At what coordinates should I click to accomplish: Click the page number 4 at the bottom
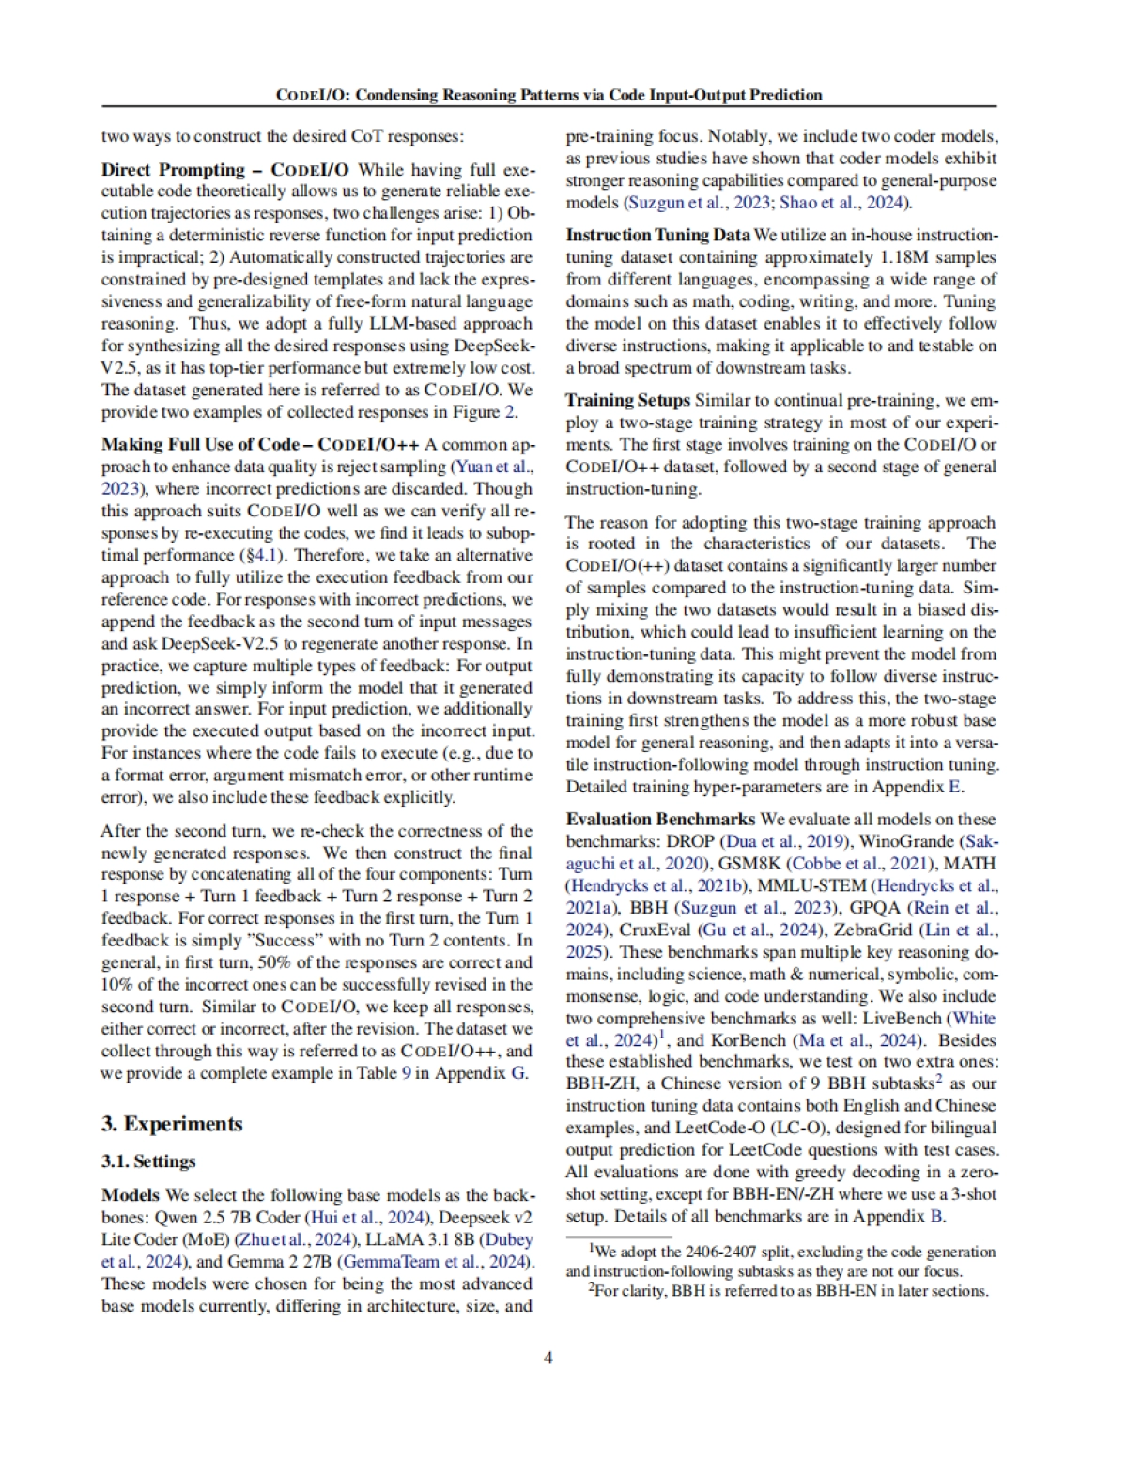pyautogui.click(x=548, y=1357)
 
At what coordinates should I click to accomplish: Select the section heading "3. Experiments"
pyautogui.click(x=172, y=1124)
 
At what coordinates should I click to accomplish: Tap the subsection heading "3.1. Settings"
pyautogui.click(x=148, y=1161)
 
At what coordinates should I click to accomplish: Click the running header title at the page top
pyautogui.click(x=548, y=95)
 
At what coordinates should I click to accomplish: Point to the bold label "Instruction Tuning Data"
pyautogui.click(x=657, y=235)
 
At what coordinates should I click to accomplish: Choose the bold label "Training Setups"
pyautogui.click(x=627, y=400)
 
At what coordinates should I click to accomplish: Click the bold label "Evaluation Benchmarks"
pyautogui.click(x=660, y=819)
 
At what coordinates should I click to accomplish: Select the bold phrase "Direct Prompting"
pyautogui.click(x=173, y=170)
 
